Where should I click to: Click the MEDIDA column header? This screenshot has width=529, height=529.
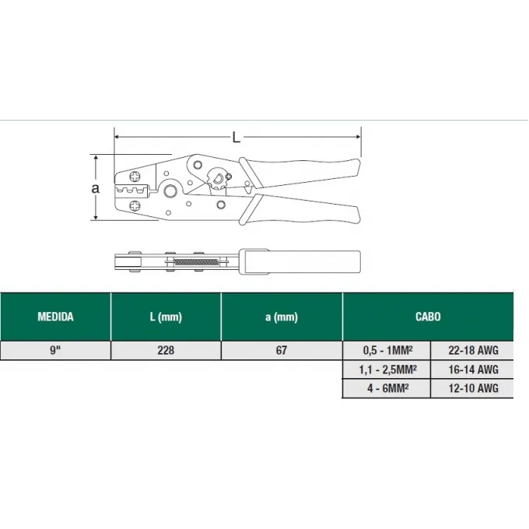(x=55, y=317)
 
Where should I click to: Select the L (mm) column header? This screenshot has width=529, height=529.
(x=166, y=317)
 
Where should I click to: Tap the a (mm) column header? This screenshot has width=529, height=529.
(x=282, y=317)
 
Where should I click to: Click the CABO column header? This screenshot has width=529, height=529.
(x=428, y=317)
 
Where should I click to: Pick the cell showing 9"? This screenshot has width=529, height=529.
(x=55, y=350)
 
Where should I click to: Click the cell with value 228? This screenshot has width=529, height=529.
(x=166, y=350)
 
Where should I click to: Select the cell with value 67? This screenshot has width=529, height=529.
(x=282, y=350)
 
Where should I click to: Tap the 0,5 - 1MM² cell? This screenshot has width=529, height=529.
(x=387, y=350)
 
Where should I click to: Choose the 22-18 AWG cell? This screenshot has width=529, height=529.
(x=473, y=350)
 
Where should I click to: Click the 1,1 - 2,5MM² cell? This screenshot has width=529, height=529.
(x=387, y=370)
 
